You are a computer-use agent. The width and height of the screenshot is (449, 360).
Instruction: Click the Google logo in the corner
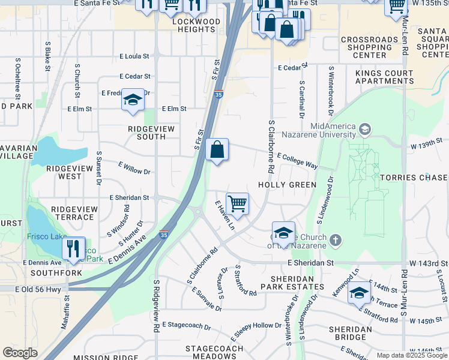tap(20, 353)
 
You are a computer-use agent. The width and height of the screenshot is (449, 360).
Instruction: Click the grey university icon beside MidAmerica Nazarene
tap(364, 129)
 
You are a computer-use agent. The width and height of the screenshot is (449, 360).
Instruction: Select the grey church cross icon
tap(335, 241)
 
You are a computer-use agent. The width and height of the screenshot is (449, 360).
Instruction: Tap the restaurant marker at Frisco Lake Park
tap(73, 248)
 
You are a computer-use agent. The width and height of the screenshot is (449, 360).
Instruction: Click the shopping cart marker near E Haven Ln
tap(237, 204)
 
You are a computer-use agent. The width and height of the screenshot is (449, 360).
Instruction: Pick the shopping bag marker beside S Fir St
tap(217, 150)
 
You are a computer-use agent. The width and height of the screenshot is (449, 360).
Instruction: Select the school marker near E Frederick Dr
tap(132, 100)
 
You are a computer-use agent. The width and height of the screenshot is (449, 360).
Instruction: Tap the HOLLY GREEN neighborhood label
tap(287, 185)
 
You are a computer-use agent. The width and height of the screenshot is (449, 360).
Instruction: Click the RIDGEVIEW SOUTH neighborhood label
tap(146, 133)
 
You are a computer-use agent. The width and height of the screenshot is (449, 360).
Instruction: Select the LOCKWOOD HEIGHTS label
tap(196, 25)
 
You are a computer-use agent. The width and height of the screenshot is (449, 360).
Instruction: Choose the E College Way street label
tap(297, 160)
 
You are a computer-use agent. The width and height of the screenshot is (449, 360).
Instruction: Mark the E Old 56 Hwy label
tap(39, 289)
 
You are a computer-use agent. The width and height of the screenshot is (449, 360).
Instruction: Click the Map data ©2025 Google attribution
tap(411, 355)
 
